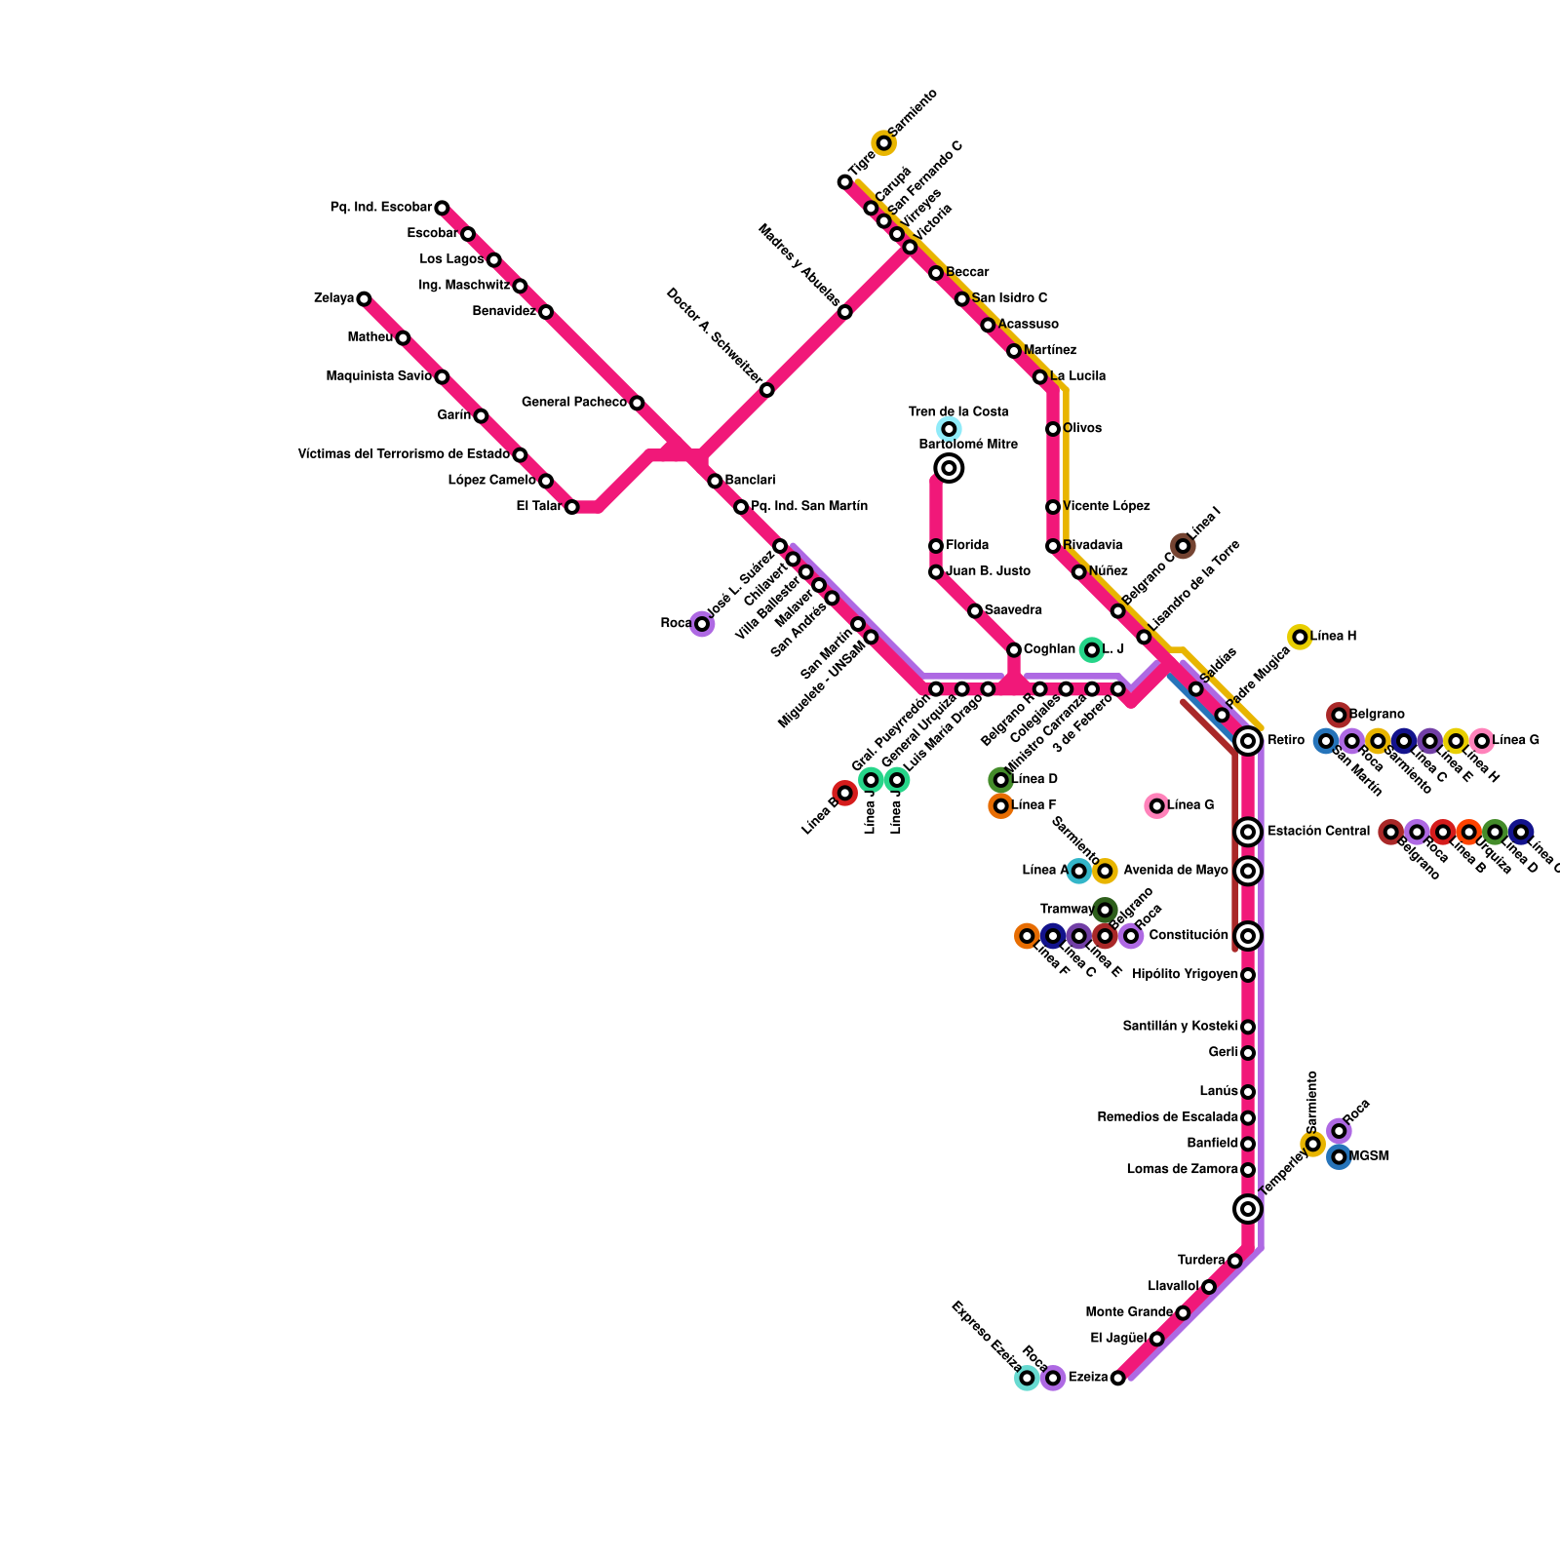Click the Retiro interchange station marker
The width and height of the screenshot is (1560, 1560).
click(x=1247, y=741)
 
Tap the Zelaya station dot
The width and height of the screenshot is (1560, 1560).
click(x=364, y=298)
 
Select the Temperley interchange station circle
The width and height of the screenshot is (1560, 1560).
click(x=1247, y=1209)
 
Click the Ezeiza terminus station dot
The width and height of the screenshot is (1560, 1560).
click(x=1117, y=1378)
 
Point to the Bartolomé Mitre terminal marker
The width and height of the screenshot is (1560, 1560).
click(x=949, y=468)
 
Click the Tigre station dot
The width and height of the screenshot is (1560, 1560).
click(x=844, y=182)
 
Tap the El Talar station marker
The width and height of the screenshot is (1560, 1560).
click(x=571, y=507)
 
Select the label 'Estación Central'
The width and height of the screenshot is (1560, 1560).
click(x=1318, y=832)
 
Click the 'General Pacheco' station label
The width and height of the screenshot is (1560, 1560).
click(x=573, y=403)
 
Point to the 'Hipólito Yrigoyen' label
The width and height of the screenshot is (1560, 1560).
click(x=1185, y=975)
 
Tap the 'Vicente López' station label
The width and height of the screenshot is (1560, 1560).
click(x=1106, y=507)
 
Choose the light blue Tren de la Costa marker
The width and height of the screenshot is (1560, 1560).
click(x=949, y=429)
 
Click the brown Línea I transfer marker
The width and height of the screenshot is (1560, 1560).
click(x=1183, y=546)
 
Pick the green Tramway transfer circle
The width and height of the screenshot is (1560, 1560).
click(x=1104, y=910)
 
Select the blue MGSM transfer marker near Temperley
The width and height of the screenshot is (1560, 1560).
click(x=1339, y=1157)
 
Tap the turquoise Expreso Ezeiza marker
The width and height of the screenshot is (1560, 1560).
click(x=1026, y=1378)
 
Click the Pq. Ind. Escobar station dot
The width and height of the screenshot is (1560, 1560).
click(x=442, y=208)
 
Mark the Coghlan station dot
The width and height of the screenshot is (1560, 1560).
click(x=1014, y=650)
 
